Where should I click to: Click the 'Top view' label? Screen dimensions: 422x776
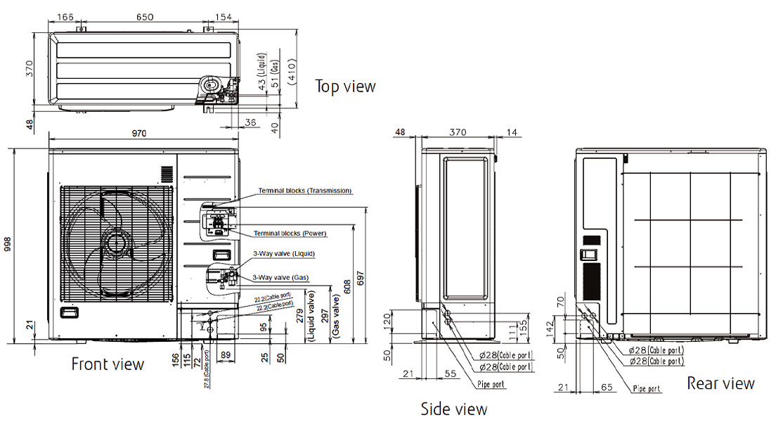tap(345, 87)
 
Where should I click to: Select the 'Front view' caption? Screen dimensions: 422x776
tap(108, 364)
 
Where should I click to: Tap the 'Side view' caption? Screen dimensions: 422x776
tap(453, 409)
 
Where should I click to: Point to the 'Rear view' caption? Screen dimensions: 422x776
tap(720, 383)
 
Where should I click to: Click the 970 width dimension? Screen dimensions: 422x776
tap(144, 134)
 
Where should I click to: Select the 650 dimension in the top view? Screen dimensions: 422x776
tap(144, 15)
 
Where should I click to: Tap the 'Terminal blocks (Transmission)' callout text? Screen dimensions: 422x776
tap(304, 191)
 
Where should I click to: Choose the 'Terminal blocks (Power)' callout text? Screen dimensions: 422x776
tap(290, 233)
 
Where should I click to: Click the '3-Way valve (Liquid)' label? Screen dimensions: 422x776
tap(284, 253)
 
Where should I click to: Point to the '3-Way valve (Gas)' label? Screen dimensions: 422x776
tap(280, 278)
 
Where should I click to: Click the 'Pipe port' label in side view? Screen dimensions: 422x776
tap(489, 385)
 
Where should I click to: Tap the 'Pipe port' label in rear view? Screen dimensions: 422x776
tap(647, 388)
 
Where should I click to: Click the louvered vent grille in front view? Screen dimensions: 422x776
tap(166, 174)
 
